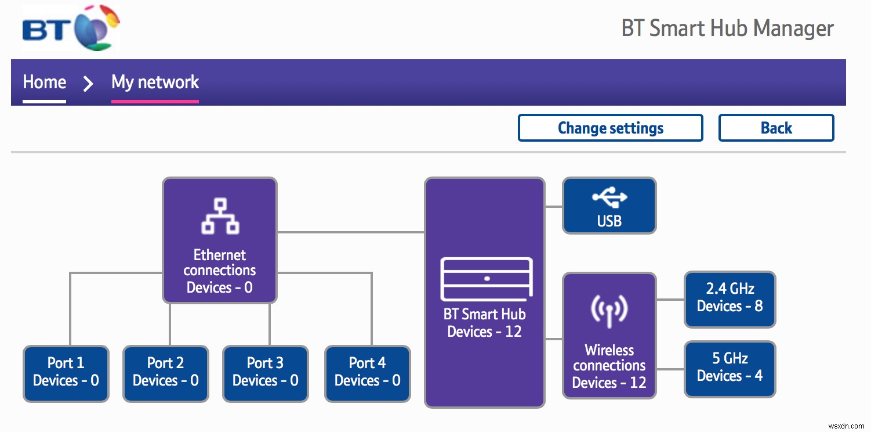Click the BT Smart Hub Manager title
(727, 28)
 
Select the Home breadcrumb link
(44, 82)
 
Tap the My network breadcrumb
(155, 82)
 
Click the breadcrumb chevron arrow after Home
(88, 84)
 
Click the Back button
(776, 128)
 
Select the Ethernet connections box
(219, 240)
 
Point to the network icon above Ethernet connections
(220, 216)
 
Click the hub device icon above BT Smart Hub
(487, 278)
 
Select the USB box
(609, 206)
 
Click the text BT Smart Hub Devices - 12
(484, 323)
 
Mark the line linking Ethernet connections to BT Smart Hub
(351, 232)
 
